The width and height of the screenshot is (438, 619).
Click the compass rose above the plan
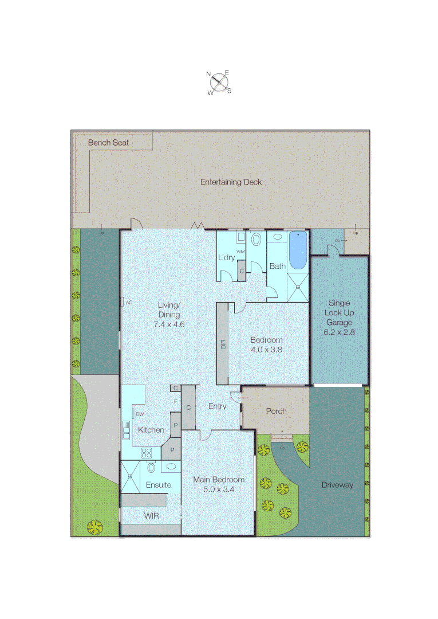click(219, 83)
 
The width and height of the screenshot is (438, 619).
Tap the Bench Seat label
click(108, 142)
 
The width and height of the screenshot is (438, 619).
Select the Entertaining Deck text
click(231, 182)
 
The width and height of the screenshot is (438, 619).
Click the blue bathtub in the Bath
click(298, 250)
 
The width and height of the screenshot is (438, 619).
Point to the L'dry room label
click(226, 258)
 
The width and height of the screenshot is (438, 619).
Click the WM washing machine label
click(241, 252)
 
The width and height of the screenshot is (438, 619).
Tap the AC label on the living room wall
click(129, 302)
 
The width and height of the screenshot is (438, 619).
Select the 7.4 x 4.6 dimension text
click(169, 324)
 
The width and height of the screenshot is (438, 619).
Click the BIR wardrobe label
click(223, 344)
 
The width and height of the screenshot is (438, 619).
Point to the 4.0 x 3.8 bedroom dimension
click(266, 349)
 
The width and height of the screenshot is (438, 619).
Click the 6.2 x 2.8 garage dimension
click(340, 332)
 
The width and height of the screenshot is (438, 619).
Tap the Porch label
click(276, 411)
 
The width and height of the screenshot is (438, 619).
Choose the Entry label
click(217, 406)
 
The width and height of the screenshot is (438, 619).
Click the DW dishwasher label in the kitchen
click(140, 414)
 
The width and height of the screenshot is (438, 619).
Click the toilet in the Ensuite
click(151, 467)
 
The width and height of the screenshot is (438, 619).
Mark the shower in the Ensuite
click(130, 476)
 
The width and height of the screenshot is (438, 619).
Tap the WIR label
click(152, 516)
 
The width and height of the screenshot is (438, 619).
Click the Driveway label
click(337, 485)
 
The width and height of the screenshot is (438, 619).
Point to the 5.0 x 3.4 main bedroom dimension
click(218, 489)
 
